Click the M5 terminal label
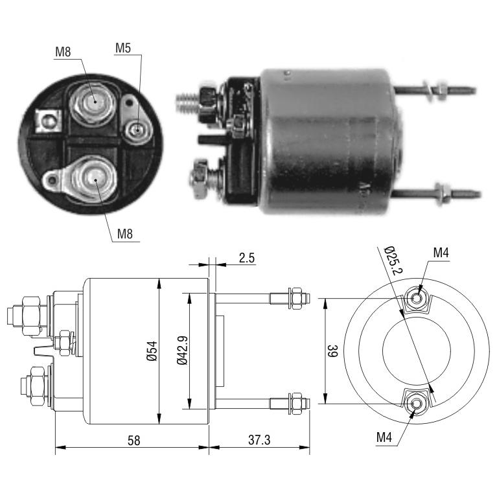[x=123, y=48]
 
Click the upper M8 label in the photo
[x=63, y=52]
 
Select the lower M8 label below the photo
[x=125, y=234]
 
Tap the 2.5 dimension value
[x=247, y=258]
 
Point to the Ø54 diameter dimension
[x=152, y=351]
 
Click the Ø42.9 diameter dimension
[x=183, y=351]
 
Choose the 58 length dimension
[x=133, y=440]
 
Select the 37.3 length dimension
[x=259, y=440]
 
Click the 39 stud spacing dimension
[x=332, y=351]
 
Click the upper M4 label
[x=441, y=253]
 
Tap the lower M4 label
[x=384, y=437]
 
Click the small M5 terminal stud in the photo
[x=137, y=130]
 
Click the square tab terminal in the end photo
[x=48, y=121]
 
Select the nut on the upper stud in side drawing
[x=297, y=298]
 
